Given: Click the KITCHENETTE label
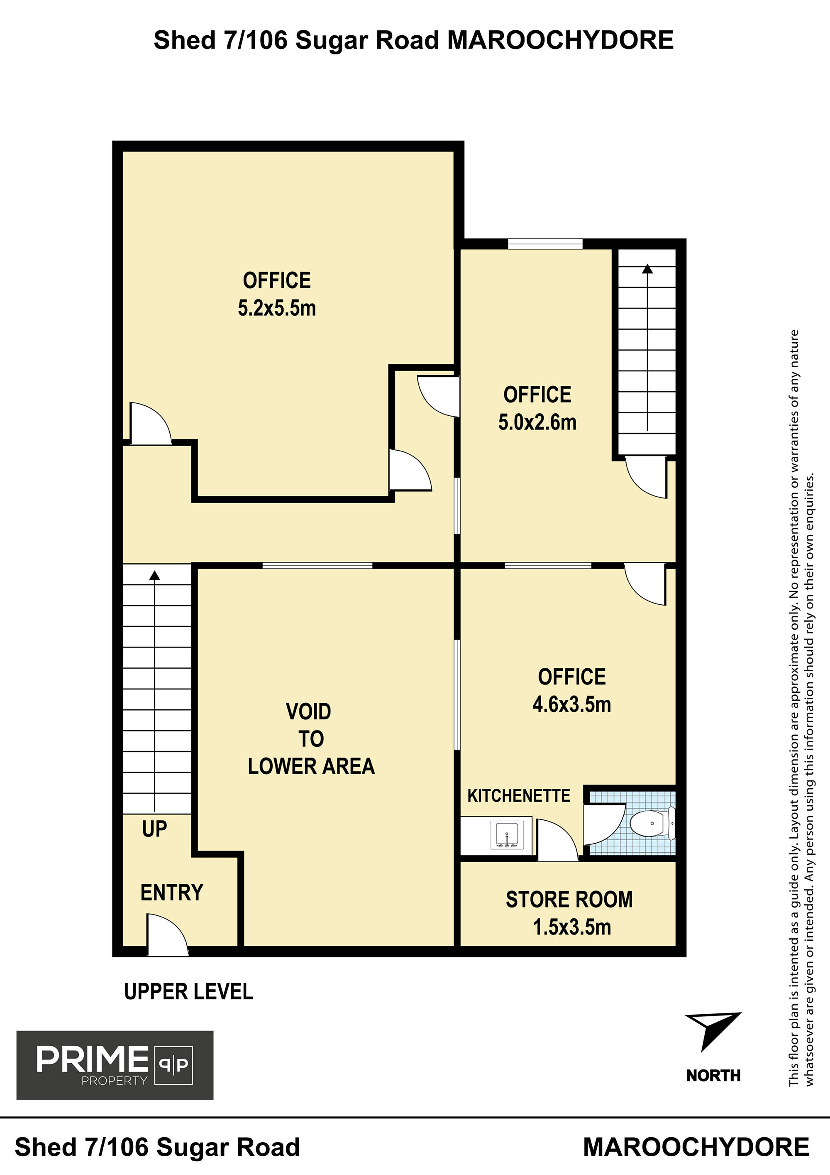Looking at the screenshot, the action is (519, 796).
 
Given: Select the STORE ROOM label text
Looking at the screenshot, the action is (569, 900).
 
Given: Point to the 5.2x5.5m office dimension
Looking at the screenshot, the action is (277, 308).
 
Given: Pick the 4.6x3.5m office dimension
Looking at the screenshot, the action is (572, 705).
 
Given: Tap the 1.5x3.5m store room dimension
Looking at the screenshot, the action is (572, 927).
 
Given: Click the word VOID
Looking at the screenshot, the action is (308, 711).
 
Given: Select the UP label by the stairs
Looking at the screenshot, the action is (154, 829).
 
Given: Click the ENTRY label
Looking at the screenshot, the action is (172, 893).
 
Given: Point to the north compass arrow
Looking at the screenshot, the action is (713, 1030).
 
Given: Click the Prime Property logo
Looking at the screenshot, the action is (115, 1065).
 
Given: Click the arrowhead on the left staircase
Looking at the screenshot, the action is (154, 575).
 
